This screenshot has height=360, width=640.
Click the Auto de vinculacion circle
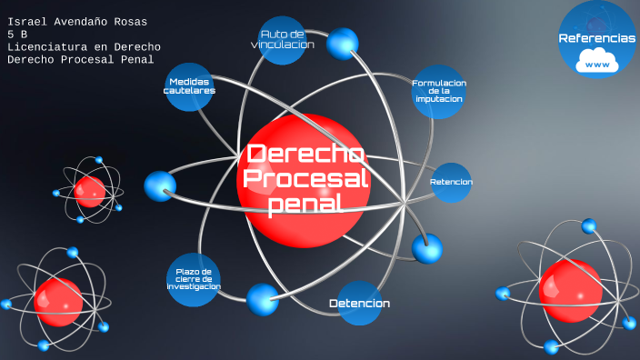(282, 41)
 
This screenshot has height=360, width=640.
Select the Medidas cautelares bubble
(190, 86)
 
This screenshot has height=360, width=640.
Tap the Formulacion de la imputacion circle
(439, 91)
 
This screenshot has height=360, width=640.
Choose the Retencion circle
(451, 182)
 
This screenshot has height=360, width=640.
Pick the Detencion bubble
(360, 303)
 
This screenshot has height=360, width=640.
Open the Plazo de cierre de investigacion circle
(194, 278)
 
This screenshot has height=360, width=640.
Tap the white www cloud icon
(597, 64)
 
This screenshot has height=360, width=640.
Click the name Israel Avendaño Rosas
(76, 21)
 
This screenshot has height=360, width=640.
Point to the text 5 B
(17, 34)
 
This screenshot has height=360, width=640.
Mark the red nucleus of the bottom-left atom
(58, 301)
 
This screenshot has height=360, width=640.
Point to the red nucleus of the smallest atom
(90, 192)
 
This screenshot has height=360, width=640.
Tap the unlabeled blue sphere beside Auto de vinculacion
(343, 42)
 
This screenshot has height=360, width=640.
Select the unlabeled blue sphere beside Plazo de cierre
(263, 299)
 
